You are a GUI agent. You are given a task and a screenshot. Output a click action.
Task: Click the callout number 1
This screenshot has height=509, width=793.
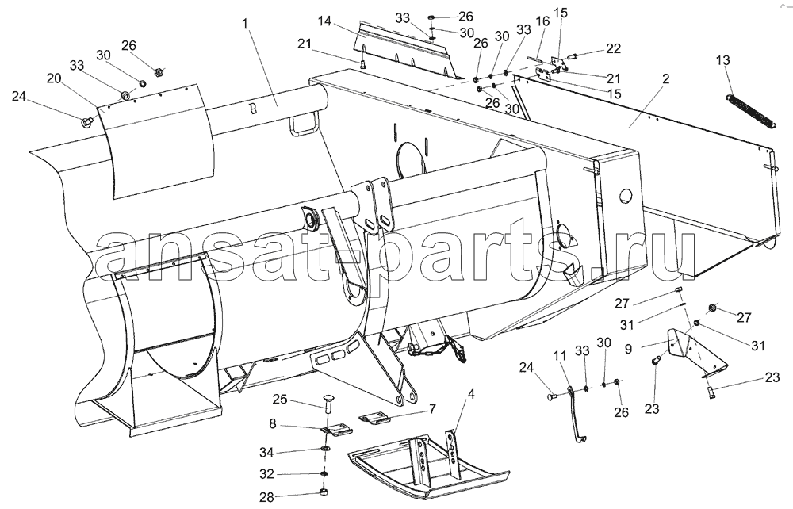click(x=246, y=23)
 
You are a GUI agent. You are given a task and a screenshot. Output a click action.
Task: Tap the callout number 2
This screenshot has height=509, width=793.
click(x=665, y=78)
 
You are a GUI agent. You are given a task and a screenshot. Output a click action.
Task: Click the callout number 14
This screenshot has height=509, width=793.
click(x=324, y=21)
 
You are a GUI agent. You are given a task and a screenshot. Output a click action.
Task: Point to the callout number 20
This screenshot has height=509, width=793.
click(x=54, y=78)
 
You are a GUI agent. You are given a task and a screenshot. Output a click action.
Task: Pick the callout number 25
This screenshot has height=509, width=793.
click(x=280, y=400)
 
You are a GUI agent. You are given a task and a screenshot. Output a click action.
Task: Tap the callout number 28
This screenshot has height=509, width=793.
click(x=266, y=497)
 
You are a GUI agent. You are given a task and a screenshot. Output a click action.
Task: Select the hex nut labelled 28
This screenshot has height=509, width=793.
click(x=324, y=492)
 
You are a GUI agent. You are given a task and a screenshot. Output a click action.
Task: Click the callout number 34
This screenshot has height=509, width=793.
click(x=266, y=452)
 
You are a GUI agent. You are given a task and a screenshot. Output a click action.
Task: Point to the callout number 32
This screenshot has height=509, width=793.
click(x=266, y=474)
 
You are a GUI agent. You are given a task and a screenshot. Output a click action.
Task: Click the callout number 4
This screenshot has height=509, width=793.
click(x=471, y=393)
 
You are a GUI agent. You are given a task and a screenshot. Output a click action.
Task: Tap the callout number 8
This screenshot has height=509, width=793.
click(x=273, y=423)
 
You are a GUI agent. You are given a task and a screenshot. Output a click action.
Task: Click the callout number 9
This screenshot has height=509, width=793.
click(x=628, y=348)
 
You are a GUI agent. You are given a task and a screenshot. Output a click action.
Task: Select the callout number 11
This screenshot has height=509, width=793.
click(x=560, y=355)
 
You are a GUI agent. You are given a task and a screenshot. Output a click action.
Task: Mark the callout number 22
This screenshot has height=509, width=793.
click(x=613, y=48)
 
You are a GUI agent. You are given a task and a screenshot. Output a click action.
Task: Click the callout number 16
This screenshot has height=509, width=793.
click(x=542, y=21)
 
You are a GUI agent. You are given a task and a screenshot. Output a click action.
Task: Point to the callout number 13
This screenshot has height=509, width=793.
click(x=723, y=60)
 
